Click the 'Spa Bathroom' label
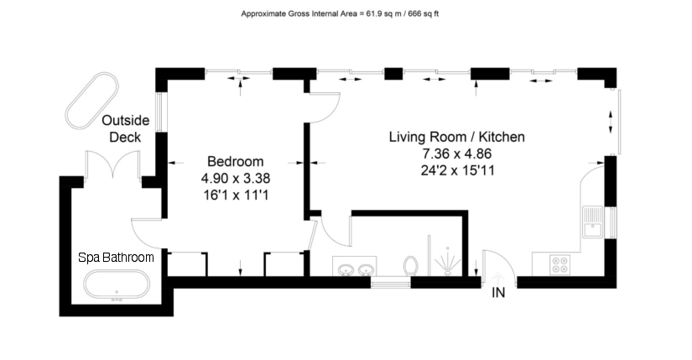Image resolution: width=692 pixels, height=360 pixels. pos(116,258)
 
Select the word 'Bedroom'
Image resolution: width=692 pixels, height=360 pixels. pos(236,161)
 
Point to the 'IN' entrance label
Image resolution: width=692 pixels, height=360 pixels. pos(498,293)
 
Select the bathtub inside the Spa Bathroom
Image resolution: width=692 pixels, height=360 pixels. pos(117,286)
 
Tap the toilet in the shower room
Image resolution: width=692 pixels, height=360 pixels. pos(411,266)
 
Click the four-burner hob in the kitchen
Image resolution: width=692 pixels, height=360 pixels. pos(559,265)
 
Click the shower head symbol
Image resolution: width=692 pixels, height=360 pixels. pos(450,261)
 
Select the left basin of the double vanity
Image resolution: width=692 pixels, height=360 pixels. pos(346,270)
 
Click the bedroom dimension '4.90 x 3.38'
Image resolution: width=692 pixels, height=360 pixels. pos(236,178)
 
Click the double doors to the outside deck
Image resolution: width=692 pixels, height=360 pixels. pos(114,166)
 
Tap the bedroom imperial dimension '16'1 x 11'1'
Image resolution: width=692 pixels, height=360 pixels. pos(236,195)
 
